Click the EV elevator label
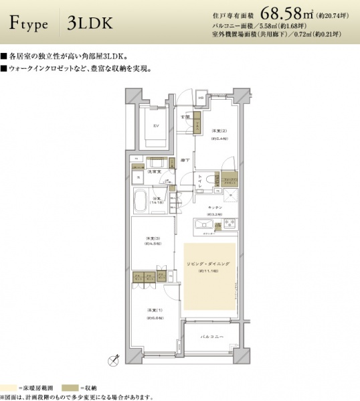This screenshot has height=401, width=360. click(x=155, y=125)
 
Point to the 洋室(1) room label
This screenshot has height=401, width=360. click(x=153, y=311)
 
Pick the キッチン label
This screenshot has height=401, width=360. click(x=214, y=208)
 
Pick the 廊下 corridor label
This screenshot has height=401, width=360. click(x=184, y=161)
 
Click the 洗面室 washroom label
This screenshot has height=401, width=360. click(x=153, y=172)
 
